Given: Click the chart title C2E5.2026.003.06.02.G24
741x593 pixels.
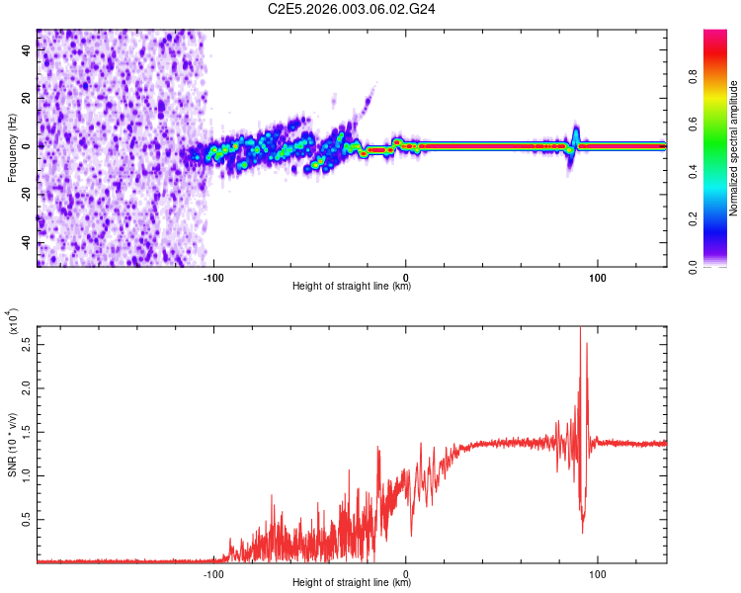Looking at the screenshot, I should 352,9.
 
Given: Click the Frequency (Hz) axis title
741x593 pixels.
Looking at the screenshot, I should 12,146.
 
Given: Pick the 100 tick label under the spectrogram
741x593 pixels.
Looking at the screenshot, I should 597,278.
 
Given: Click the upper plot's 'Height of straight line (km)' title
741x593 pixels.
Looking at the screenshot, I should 352,287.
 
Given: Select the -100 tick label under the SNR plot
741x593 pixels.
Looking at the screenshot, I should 213,573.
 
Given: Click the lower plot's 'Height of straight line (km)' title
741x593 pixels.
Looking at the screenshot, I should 352,582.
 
